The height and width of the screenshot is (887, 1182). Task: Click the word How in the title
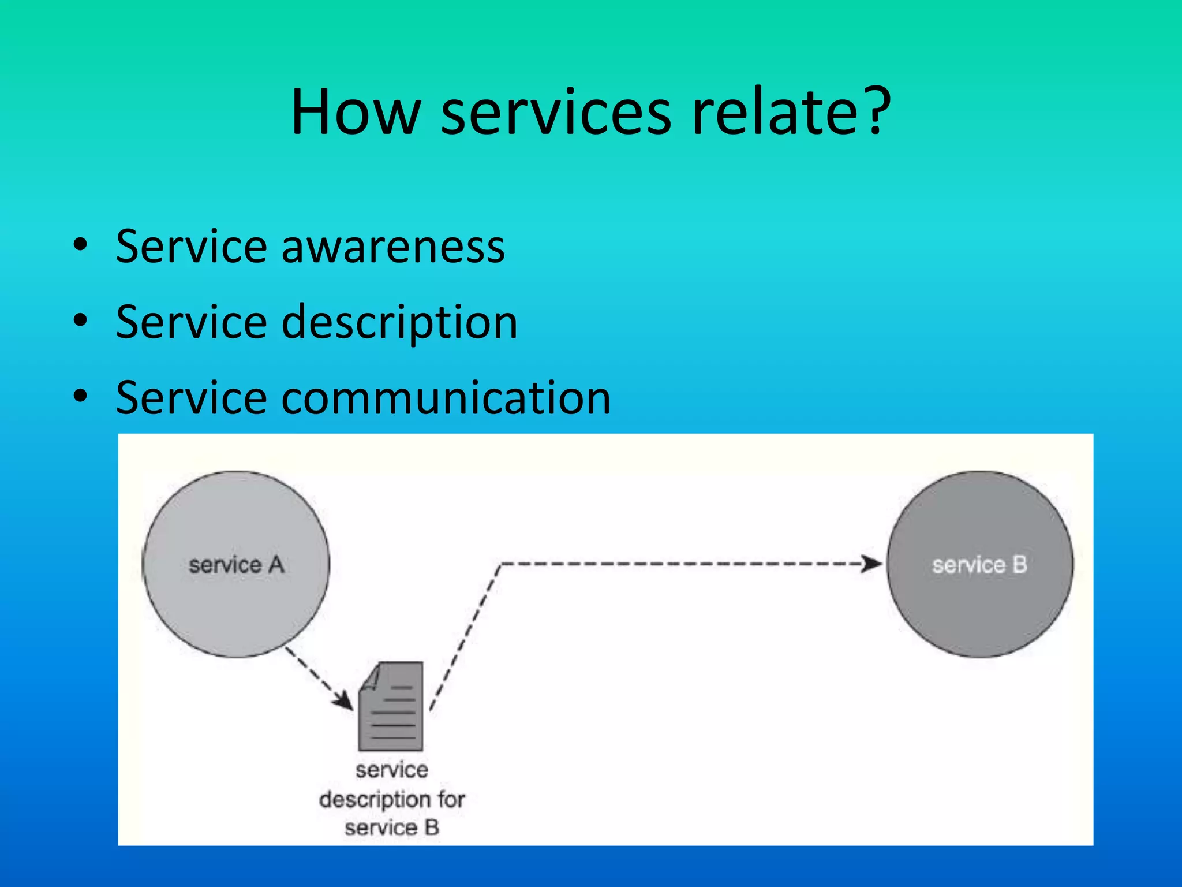click(x=356, y=112)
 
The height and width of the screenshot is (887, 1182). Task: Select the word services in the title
click(x=556, y=112)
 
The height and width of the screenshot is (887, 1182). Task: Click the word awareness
click(x=392, y=247)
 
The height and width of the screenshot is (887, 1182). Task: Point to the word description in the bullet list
click(x=399, y=322)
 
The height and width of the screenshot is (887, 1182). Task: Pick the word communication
click(x=446, y=398)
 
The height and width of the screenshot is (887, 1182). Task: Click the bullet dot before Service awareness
click(x=80, y=245)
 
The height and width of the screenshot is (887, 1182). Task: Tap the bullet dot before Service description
click(x=80, y=320)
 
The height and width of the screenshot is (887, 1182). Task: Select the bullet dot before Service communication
click(x=80, y=396)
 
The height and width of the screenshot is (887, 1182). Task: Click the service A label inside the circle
click(x=237, y=565)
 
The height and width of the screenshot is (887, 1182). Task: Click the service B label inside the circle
click(x=979, y=565)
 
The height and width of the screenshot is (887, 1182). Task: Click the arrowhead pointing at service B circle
click(x=871, y=564)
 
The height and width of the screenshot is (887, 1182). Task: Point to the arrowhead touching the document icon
click(x=344, y=700)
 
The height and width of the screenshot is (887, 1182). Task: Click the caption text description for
click(x=392, y=800)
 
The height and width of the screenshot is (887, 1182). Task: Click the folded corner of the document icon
click(x=371, y=676)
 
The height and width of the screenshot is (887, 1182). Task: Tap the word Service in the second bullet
click(x=190, y=322)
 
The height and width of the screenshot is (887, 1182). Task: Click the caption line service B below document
click(x=392, y=828)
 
